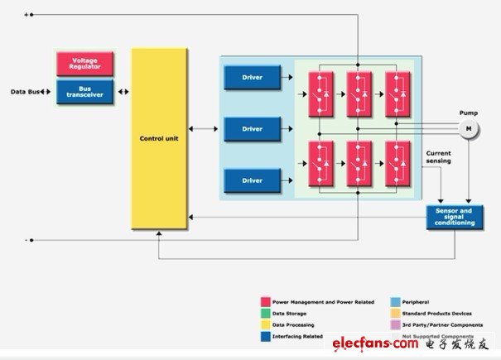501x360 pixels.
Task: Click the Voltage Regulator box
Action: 84,65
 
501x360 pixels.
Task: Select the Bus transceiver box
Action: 84,91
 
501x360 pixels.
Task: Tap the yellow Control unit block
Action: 159,139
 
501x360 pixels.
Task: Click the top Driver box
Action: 252,78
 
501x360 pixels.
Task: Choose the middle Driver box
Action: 252,129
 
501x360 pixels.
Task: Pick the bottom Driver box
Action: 252,180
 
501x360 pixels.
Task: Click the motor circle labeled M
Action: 468,129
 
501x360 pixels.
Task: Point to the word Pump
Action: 469,113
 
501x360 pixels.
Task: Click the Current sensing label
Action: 438,156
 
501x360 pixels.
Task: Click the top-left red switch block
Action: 320,91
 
